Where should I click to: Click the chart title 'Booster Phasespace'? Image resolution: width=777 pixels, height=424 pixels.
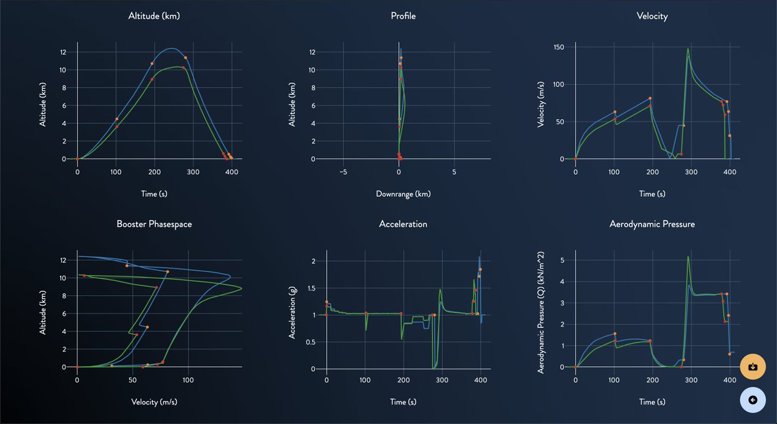click(154, 224)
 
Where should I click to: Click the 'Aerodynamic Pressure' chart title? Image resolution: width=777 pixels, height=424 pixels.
click(652, 224)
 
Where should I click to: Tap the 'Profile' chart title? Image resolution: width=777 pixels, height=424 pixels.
click(403, 16)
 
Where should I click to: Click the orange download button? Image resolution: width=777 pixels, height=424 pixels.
click(752, 366)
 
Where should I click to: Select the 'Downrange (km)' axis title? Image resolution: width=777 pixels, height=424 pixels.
click(403, 194)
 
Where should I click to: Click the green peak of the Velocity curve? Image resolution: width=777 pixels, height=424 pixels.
click(688, 49)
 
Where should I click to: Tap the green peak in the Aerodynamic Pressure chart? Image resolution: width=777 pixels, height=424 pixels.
click(688, 257)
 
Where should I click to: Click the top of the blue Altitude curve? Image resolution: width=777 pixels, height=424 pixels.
click(170, 49)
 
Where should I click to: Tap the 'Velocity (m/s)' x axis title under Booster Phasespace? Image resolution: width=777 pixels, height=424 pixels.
click(154, 402)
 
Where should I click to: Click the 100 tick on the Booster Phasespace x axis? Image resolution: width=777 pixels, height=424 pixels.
click(188, 381)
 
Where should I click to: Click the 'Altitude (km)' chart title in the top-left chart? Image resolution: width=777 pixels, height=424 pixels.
click(154, 16)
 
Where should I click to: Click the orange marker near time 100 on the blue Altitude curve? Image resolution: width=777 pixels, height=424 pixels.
click(117, 119)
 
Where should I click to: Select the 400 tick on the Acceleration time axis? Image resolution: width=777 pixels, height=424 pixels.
click(480, 381)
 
